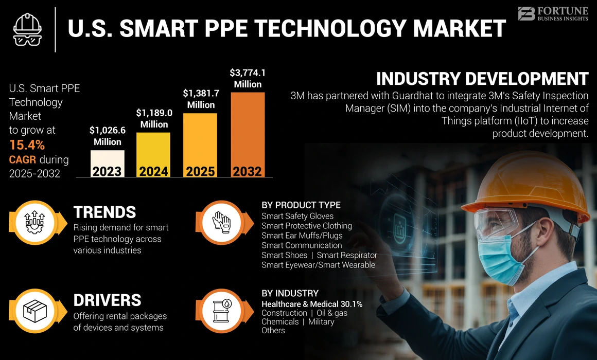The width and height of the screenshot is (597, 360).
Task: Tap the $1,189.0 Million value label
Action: click(154, 118)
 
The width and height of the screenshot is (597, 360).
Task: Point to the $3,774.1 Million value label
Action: click(248, 78)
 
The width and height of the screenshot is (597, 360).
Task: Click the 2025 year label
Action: click(200, 171)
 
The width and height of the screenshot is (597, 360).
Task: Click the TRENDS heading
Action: click(104, 212)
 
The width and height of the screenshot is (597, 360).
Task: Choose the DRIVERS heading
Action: click(107, 300)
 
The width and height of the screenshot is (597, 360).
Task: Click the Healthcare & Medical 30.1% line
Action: click(312, 304)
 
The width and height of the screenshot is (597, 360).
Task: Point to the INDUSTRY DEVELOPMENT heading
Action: click(482, 79)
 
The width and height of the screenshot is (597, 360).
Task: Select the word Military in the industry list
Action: click(321, 321)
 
